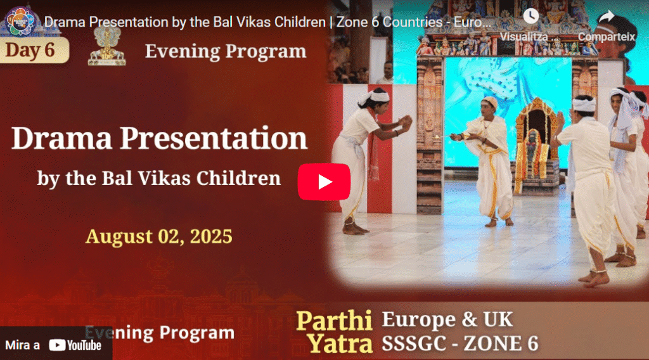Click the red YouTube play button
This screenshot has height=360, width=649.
(324, 182)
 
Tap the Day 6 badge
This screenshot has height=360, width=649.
(32, 51)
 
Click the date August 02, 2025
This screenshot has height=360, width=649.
(159, 236)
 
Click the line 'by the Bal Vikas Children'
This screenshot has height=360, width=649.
(159, 177)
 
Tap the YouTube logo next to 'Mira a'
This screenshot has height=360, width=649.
(75, 345)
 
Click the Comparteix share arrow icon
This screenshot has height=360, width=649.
(607, 17)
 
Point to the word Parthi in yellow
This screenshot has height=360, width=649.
(333, 321)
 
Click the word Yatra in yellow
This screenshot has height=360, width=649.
(340, 344)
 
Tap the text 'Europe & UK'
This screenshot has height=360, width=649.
(447, 319)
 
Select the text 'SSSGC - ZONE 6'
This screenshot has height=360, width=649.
(459, 344)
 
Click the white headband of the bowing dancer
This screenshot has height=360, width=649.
(375, 96)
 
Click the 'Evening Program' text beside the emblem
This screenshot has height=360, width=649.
(226, 51)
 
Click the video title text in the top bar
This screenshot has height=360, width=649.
(266, 22)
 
